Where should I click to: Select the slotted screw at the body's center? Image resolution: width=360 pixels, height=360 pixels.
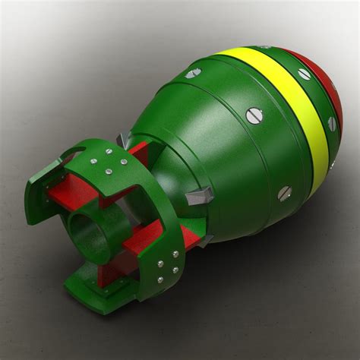pos(255,115)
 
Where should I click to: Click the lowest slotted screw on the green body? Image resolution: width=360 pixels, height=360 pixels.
pos(284,193)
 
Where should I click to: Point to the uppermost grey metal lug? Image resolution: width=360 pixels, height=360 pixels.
pos(124,141)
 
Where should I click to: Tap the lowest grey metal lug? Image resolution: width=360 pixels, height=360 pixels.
pos(204,241)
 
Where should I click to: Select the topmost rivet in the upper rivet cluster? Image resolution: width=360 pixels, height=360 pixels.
pos(108,152)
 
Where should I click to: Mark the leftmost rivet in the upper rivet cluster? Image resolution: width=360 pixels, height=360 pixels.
pos(93,161)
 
